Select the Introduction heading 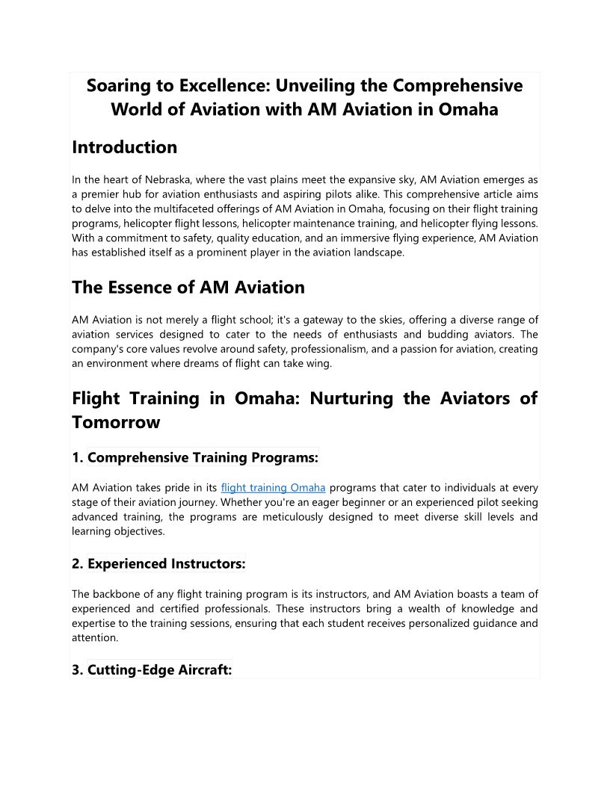coord(124,147)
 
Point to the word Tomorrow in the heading coord(116,422)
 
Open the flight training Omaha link coord(273,488)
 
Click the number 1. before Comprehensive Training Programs coord(78,457)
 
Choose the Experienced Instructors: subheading coord(166,564)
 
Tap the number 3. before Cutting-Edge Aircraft coord(78,670)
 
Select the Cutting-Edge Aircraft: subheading coord(159,670)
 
